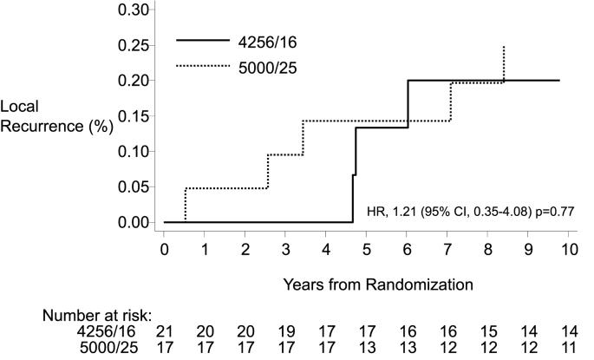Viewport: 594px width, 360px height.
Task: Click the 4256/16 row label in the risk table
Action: coord(110,331)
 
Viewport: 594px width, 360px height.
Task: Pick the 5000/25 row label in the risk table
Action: coord(110,347)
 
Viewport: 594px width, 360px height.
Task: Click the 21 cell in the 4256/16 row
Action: coord(165,331)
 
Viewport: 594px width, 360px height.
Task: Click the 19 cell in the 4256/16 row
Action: coord(286,331)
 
